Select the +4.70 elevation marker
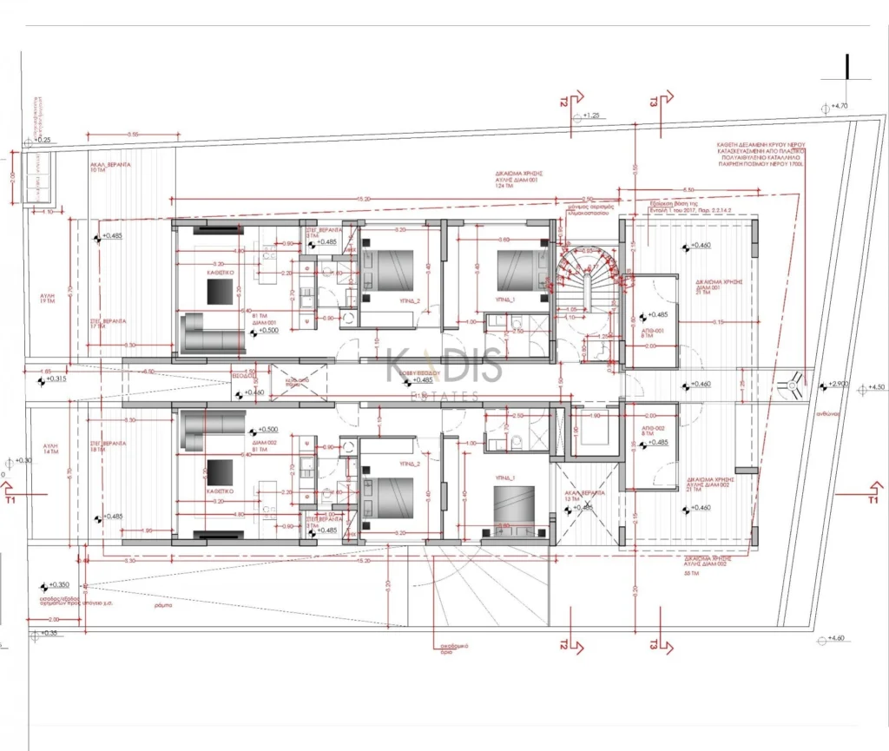point(839,106)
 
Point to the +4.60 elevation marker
point(836,639)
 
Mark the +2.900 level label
point(839,384)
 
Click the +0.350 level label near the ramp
point(59,585)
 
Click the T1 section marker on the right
point(872,500)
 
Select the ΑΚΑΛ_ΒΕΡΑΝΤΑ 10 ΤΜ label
point(109,167)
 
